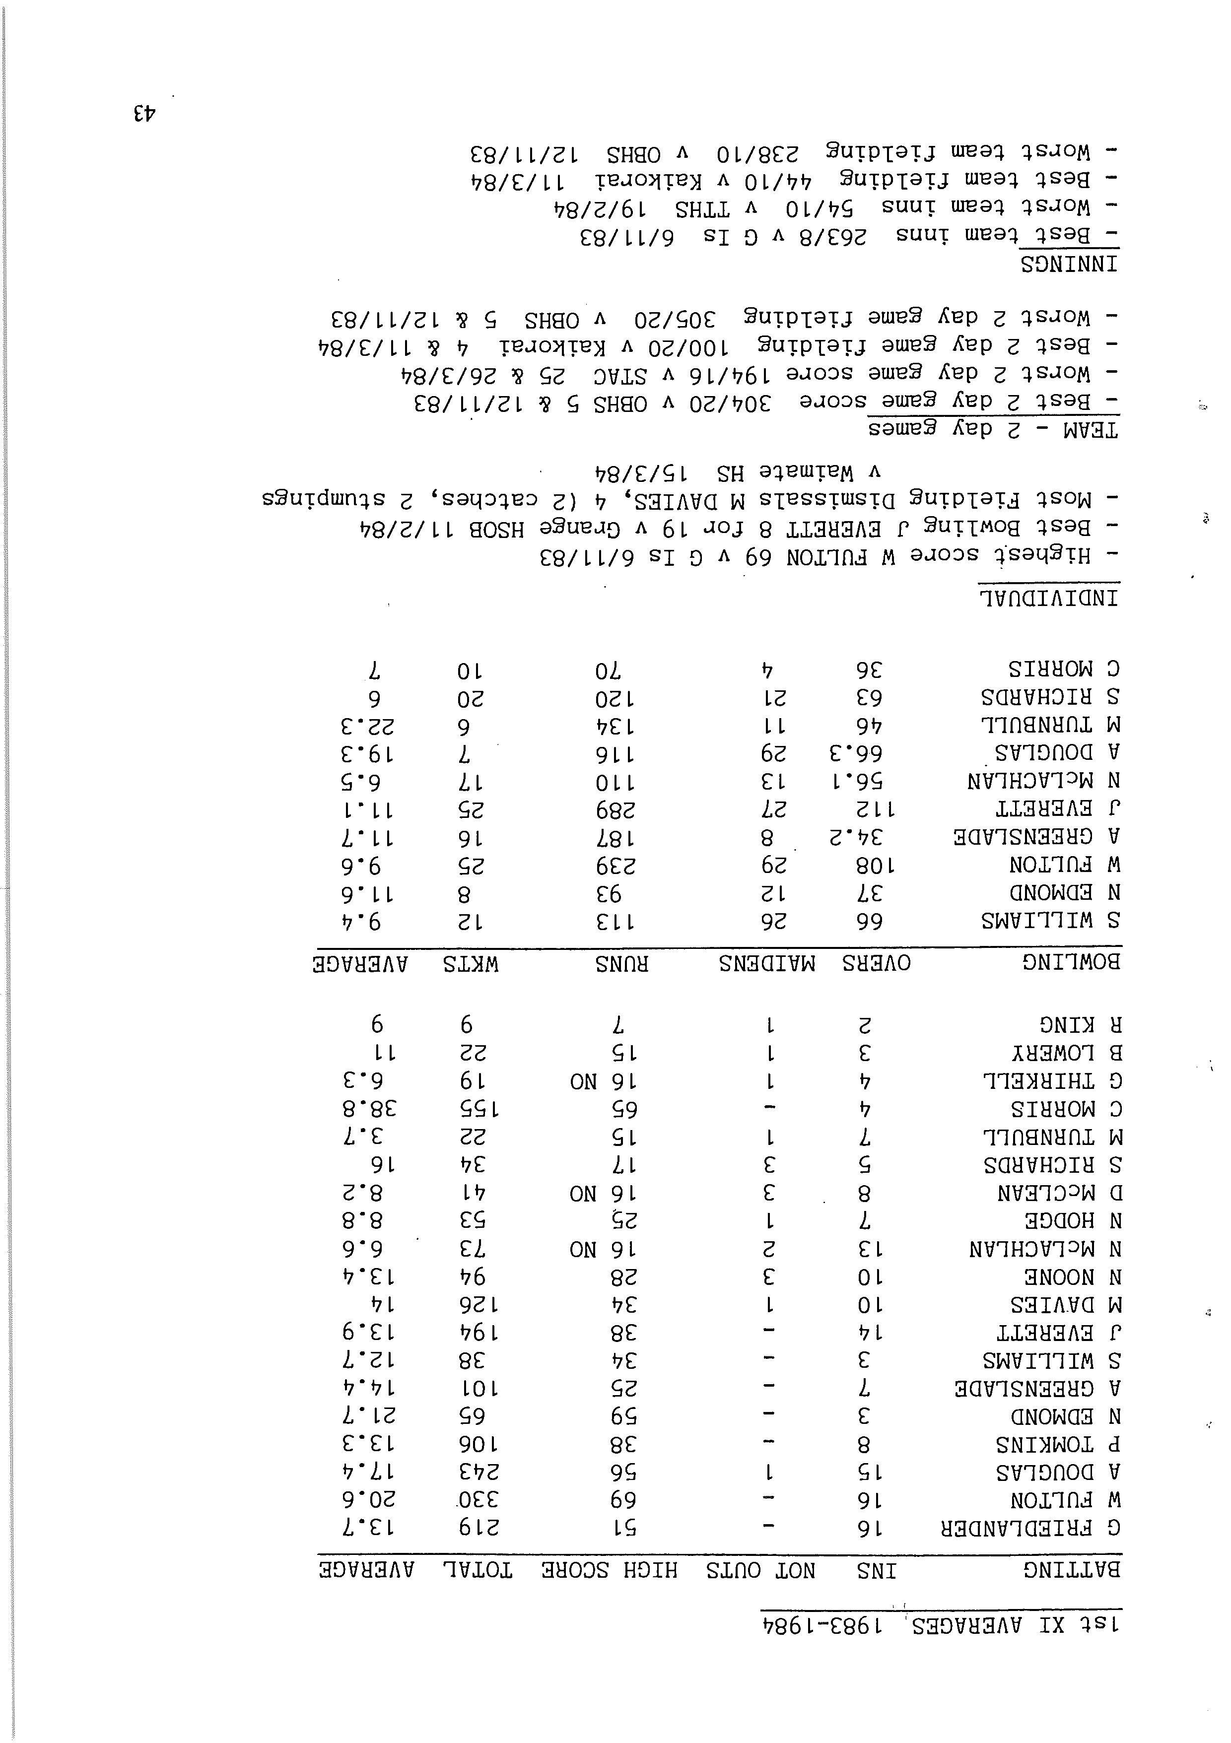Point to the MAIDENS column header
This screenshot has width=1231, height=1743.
[x=767, y=963]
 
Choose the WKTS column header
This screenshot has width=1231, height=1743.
[x=471, y=963]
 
